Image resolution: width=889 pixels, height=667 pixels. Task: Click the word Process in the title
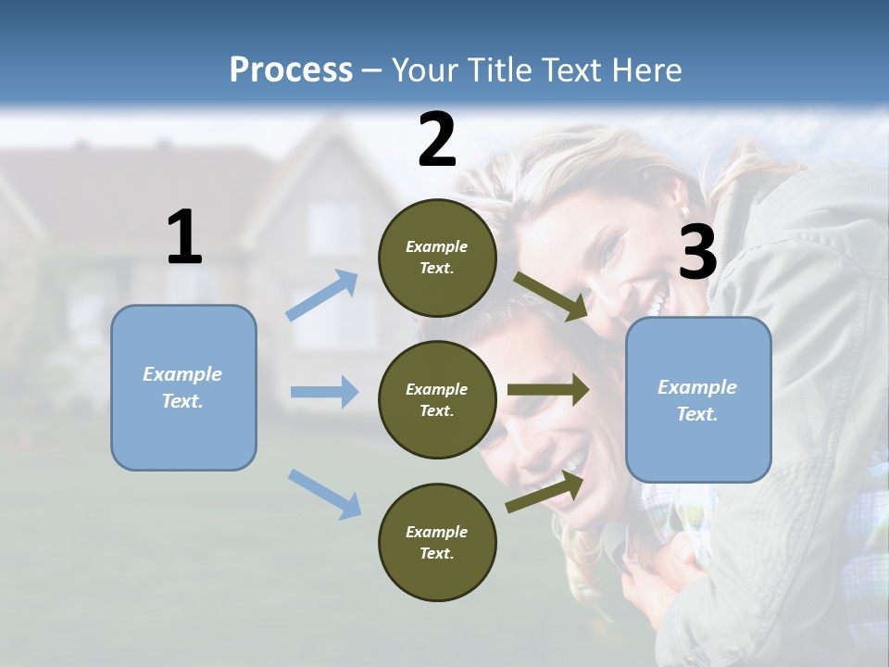(x=291, y=69)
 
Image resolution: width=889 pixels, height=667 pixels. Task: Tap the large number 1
(x=184, y=238)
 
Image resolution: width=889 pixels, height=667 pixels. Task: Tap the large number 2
(x=436, y=140)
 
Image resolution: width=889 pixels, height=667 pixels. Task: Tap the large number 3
(x=697, y=253)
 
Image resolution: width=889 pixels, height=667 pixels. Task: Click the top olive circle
(x=437, y=258)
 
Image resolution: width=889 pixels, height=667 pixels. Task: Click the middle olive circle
(x=437, y=399)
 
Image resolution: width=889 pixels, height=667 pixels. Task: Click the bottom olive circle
(x=437, y=542)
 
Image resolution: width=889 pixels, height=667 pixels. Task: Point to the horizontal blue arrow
(x=324, y=392)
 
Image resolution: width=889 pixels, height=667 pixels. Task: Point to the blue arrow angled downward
(x=324, y=493)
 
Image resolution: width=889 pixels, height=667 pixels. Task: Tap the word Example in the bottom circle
(x=437, y=532)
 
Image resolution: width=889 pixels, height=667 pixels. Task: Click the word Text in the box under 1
(x=182, y=401)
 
